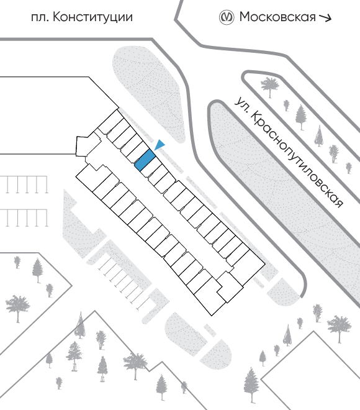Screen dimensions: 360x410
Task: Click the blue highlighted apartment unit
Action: (145, 160)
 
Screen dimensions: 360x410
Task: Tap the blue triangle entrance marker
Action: (160, 145)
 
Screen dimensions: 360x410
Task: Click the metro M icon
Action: (226, 17)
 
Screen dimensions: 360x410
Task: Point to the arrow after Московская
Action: (325, 17)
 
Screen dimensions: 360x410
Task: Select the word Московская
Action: (277, 17)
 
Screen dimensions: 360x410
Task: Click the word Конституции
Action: (92, 17)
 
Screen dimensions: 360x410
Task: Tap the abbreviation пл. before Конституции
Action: (40, 18)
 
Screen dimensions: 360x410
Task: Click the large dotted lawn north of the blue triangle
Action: (148, 89)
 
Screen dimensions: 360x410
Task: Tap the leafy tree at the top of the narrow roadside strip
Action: (269, 86)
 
